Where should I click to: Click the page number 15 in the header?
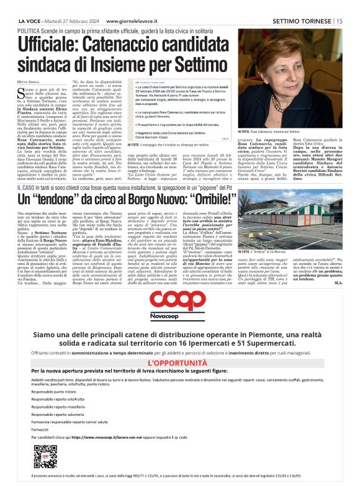pyautogui.click(x=340, y=20)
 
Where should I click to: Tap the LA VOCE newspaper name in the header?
pyautogui.click(x=32, y=20)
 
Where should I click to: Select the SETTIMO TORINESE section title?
pyautogui.click(x=302, y=20)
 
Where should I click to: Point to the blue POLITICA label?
pyautogui.click(x=29, y=30)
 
